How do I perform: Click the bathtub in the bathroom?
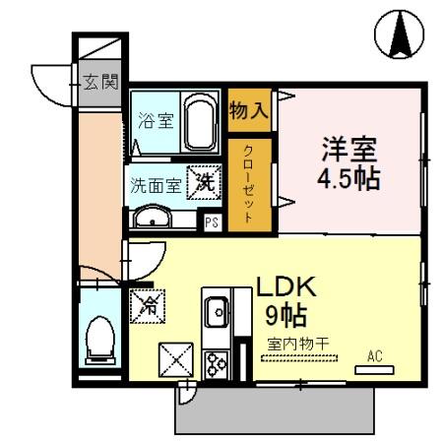[x=203, y=122]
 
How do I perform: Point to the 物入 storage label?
[x=248, y=108]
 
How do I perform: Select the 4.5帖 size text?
[x=348, y=182]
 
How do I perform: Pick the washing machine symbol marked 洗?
[x=203, y=181]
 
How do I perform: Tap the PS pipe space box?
[x=211, y=221]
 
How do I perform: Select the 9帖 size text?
[x=285, y=317]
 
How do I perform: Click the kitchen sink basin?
[x=215, y=313]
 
